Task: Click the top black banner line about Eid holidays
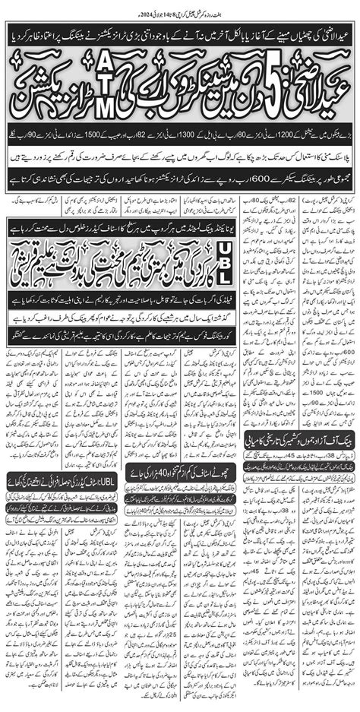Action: pos(180,36)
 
